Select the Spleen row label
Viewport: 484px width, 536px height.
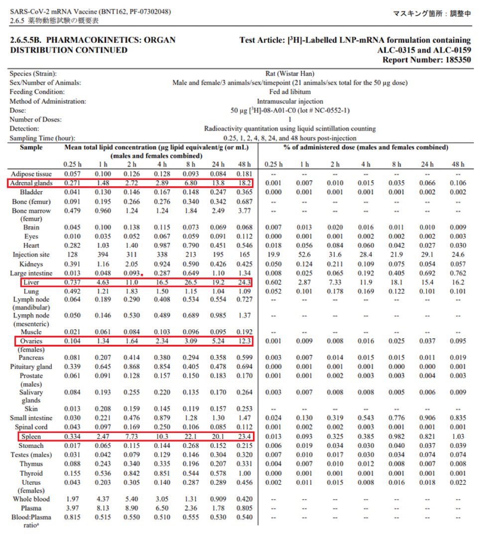pos(31,436)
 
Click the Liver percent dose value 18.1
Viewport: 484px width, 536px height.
pos(396,282)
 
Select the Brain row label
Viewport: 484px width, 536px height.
pos(31,227)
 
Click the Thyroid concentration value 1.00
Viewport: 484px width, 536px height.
pos(244,473)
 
